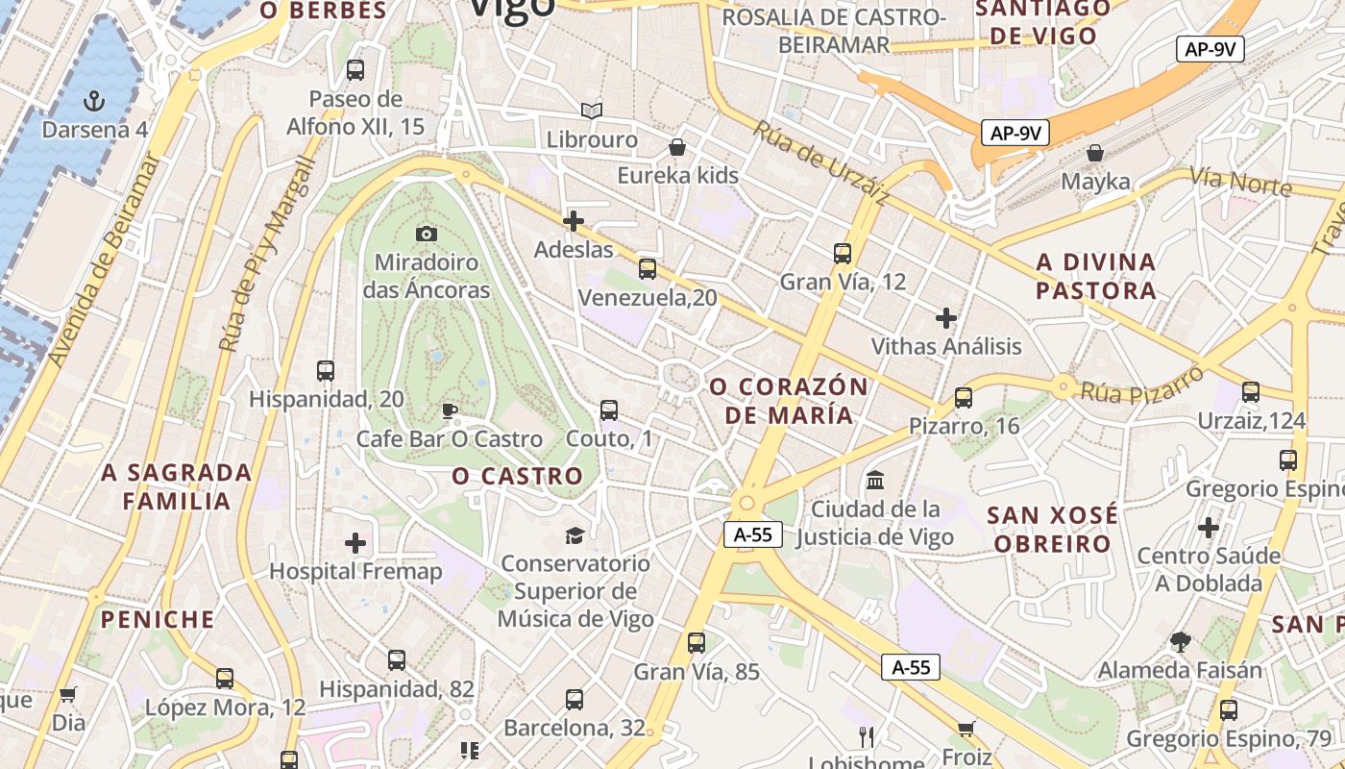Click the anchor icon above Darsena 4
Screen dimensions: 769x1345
coord(94,100)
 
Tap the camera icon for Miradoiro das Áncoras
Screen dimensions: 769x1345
coord(427,234)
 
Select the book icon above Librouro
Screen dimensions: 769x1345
coord(592,112)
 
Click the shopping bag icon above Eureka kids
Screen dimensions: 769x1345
coord(677,147)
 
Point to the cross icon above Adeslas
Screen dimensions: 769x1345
coord(574,221)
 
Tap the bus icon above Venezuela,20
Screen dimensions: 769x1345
coord(648,269)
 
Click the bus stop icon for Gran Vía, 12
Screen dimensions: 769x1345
coord(843,254)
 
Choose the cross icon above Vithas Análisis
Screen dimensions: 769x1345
coord(946,318)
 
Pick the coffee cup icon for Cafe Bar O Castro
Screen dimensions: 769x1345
coord(449,411)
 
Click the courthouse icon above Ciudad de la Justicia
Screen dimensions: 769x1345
coord(875,480)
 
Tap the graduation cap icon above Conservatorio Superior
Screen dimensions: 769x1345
coord(575,535)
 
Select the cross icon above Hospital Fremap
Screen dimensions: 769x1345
coord(355,543)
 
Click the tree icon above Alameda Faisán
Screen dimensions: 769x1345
coord(1181,641)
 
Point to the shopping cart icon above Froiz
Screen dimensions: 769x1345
coord(966,729)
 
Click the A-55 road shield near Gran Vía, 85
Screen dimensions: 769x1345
coord(753,535)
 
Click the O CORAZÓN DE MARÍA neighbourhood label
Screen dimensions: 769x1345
coord(789,401)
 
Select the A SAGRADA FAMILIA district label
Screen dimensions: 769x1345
coord(177,486)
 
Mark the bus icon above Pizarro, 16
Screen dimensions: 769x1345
coord(964,398)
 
